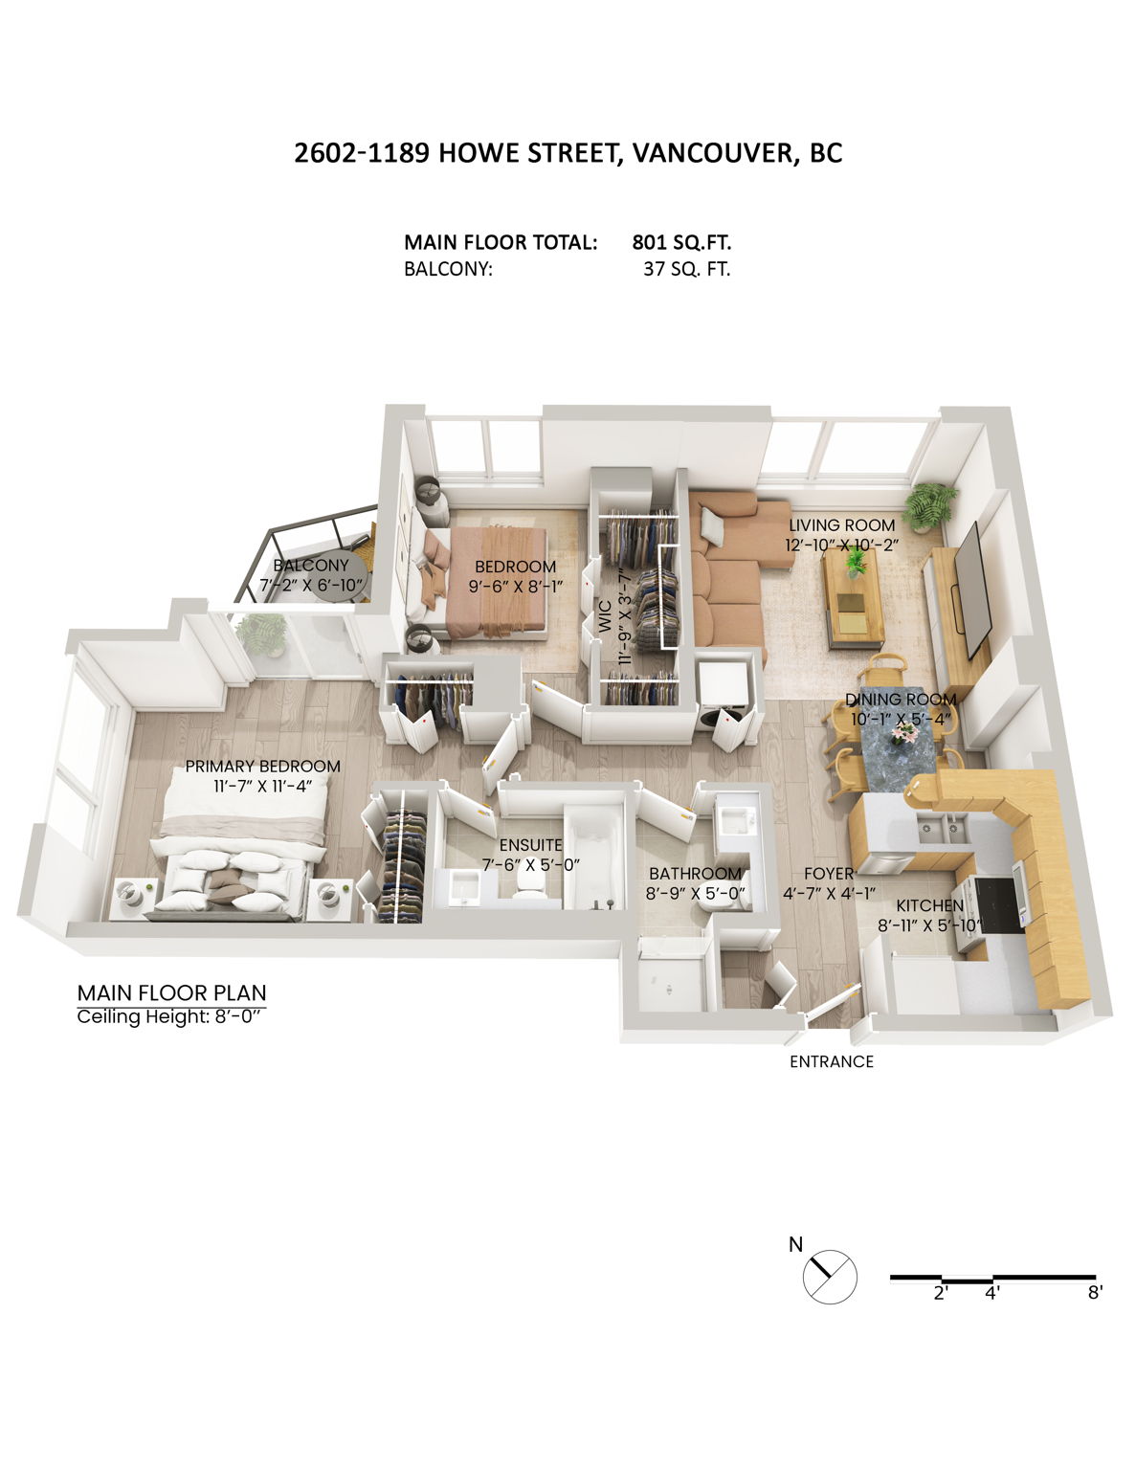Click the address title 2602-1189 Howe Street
(568, 153)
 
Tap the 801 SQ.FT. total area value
(681, 242)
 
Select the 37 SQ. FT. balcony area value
(686, 269)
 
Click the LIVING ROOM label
(841, 525)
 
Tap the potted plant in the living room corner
(928, 504)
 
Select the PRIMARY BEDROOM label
(262, 766)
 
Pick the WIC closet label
(604, 616)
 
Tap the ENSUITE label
(530, 845)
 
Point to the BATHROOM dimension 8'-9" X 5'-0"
(696, 893)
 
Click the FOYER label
(828, 874)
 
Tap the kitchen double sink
(942, 828)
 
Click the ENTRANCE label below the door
(831, 1061)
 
